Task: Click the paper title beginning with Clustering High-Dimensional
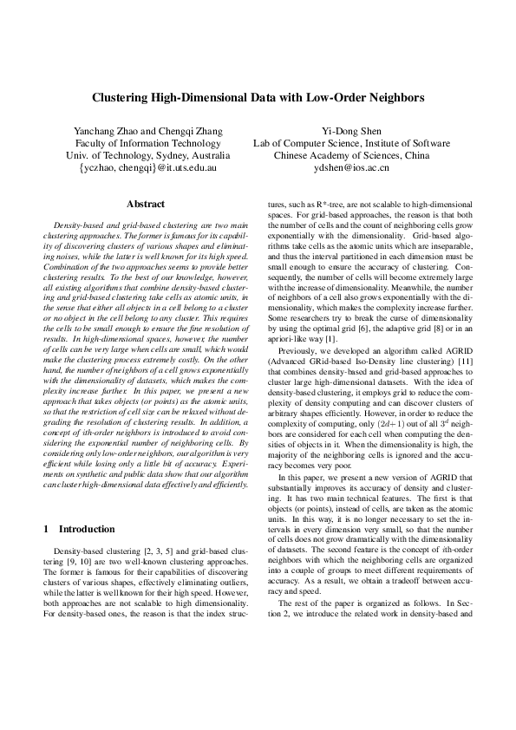pos(258,98)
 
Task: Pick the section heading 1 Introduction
pos(79,529)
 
